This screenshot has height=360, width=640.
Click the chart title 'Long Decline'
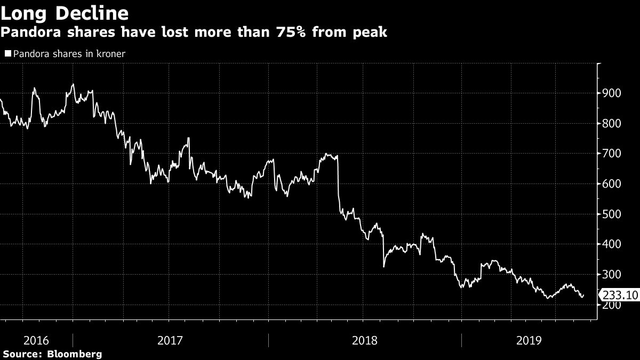click(x=65, y=12)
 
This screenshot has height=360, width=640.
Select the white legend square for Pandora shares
click(x=7, y=54)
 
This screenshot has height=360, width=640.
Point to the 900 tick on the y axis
click(x=611, y=93)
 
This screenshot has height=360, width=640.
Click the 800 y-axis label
click(x=611, y=124)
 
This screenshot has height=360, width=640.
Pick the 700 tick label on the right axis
click(x=611, y=154)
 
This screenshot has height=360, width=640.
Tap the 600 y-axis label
click(x=611, y=184)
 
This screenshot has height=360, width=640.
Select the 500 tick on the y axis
click(x=611, y=214)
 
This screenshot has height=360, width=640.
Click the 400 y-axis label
click(x=611, y=244)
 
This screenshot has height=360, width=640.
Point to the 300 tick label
click(x=611, y=275)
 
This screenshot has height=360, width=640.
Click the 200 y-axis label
click(x=611, y=305)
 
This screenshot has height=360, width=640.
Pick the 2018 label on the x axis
click(x=365, y=340)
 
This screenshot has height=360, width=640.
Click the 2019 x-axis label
click(x=529, y=340)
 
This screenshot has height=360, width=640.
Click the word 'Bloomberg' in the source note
click(x=75, y=354)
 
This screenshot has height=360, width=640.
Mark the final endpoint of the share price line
click(x=583, y=294)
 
